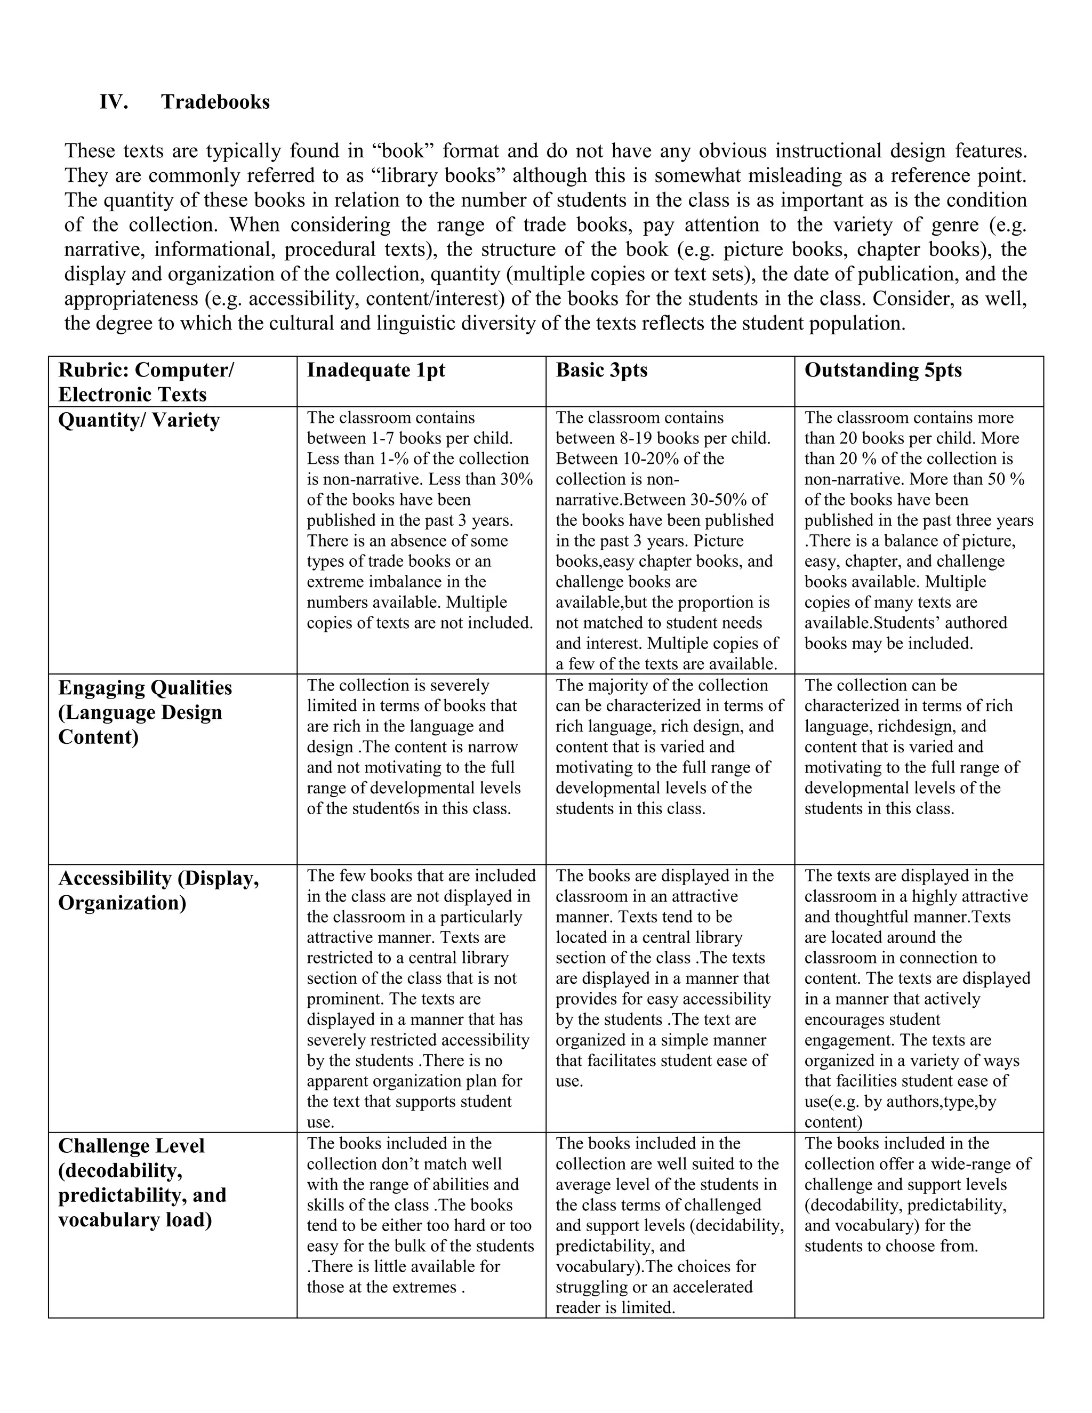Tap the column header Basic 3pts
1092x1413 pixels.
pos(601,370)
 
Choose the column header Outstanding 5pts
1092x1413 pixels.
pos(882,370)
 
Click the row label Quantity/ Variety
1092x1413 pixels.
pos(139,421)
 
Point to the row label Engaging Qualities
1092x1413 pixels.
pos(145,688)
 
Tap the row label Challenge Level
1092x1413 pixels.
pos(131,1146)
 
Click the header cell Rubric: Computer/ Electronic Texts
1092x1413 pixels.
pos(146,382)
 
